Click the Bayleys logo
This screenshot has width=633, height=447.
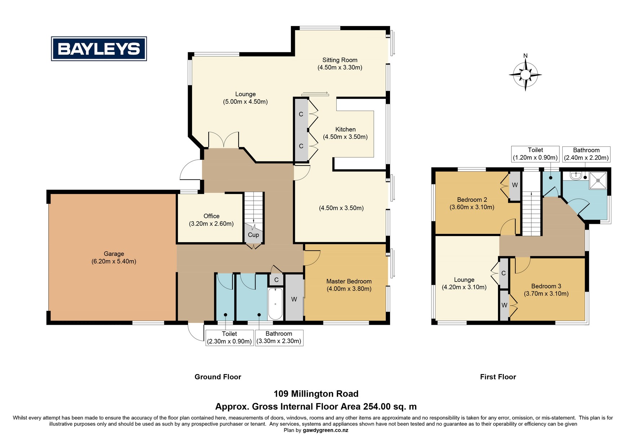tap(99, 48)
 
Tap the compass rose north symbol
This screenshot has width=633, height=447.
tap(525, 74)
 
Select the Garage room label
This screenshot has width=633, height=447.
tap(114, 257)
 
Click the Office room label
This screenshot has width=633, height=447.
tap(211, 220)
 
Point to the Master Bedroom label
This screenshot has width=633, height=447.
tap(349, 285)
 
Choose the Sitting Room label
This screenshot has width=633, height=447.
tap(340, 63)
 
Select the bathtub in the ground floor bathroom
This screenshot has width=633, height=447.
tap(276, 303)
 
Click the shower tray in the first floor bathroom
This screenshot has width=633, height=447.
tap(598, 180)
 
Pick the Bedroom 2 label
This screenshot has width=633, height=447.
tap(472, 203)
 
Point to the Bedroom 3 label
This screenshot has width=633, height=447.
tap(546, 290)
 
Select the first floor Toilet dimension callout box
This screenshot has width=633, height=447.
tap(535, 154)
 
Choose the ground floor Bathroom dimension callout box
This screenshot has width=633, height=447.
tap(279, 338)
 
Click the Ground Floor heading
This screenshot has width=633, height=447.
tap(218, 377)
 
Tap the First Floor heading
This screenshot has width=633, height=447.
tap(498, 377)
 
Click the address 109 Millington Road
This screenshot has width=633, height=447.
tap(316, 394)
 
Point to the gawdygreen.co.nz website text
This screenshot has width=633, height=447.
tap(326, 430)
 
